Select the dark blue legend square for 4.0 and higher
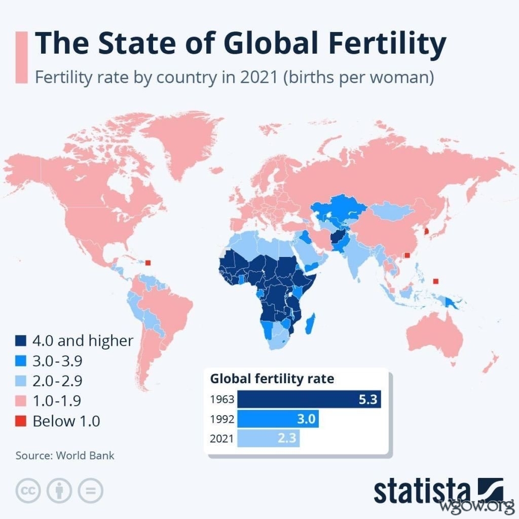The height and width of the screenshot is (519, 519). pos(21,341)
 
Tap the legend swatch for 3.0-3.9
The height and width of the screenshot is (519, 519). pos(21,361)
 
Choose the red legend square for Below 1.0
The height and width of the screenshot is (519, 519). pos(21,421)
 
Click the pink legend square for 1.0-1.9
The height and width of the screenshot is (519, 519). pos(21,401)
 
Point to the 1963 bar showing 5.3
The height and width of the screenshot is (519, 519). pos(309,399)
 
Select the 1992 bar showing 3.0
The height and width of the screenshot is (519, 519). pos(278,419)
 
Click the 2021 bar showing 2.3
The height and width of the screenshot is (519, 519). pos(269,438)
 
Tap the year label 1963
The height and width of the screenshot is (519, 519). pos(222,399)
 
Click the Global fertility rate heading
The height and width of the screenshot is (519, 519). pos(272,379)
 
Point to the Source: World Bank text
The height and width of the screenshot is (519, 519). pos(65,455)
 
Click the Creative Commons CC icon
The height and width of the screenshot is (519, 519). pos(29,490)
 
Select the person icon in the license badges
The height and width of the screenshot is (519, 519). pos(59,490)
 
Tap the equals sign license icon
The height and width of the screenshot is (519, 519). pos(90,490)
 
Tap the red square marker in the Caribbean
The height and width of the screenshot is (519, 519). pos(148,263)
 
